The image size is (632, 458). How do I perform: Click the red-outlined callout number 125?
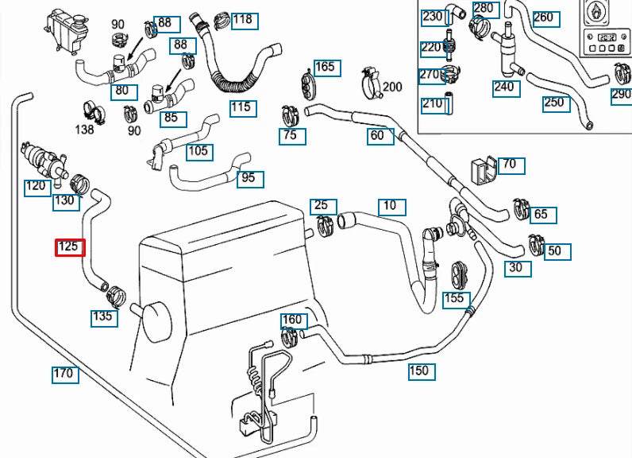point(69,247)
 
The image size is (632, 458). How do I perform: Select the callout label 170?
point(64,373)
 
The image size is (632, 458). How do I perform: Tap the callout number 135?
point(104,317)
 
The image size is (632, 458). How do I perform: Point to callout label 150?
point(419,371)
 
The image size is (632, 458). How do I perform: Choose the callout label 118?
point(244,20)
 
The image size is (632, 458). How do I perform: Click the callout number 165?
point(326,68)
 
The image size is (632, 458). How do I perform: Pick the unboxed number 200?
point(392,87)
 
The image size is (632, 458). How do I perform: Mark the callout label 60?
point(378,136)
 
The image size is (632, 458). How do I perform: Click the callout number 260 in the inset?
point(543,17)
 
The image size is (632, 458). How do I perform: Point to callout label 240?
point(504,87)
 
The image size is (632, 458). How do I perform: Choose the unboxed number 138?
point(84,128)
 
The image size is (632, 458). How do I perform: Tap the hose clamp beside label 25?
point(326,227)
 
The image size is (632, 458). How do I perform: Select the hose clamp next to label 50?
point(535,242)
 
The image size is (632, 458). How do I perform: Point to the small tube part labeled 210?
point(446,103)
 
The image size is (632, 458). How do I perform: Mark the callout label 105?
point(198,151)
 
